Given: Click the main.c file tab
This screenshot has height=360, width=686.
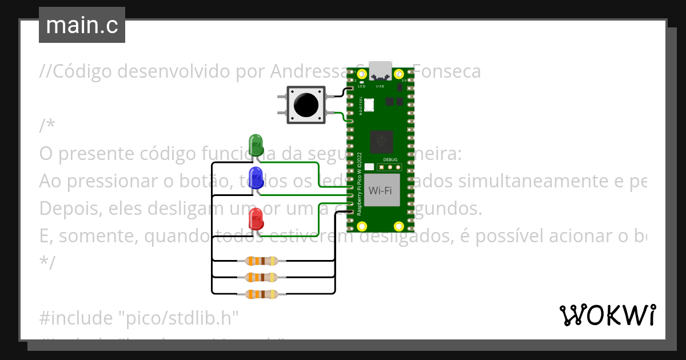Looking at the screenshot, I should tap(82, 25).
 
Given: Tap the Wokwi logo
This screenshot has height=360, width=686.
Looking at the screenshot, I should tap(607, 315).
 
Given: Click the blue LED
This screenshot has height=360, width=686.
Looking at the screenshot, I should tap(256, 176).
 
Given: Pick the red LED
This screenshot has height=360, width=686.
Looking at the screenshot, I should tap(256, 219).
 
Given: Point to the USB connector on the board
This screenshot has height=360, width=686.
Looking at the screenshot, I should tap(380, 70).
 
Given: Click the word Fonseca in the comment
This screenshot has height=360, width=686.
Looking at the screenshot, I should tap(446, 71).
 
